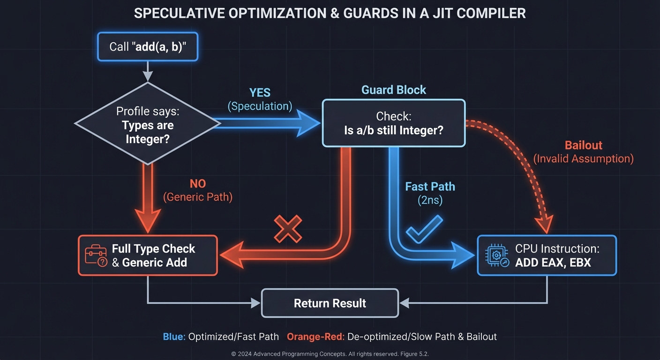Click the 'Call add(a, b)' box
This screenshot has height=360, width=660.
click(148, 46)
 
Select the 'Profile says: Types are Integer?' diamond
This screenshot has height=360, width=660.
click(148, 124)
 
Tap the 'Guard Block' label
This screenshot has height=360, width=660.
click(394, 90)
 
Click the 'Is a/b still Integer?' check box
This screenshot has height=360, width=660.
click(394, 123)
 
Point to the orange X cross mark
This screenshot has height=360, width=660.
click(288, 230)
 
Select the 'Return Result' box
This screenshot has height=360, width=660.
click(330, 303)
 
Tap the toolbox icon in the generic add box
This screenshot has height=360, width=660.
click(96, 255)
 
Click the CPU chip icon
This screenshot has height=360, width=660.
click(497, 255)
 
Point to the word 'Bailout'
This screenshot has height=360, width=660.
click(583, 145)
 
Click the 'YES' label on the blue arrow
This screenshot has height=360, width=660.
click(260, 92)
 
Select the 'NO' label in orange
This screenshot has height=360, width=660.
click(197, 183)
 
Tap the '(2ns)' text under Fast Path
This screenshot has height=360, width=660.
click(430, 200)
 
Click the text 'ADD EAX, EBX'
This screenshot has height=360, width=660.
click(553, 262)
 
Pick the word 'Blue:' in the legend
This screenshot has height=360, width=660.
click(174, 337)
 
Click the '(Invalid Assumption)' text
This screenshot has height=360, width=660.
click(583, 158)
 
